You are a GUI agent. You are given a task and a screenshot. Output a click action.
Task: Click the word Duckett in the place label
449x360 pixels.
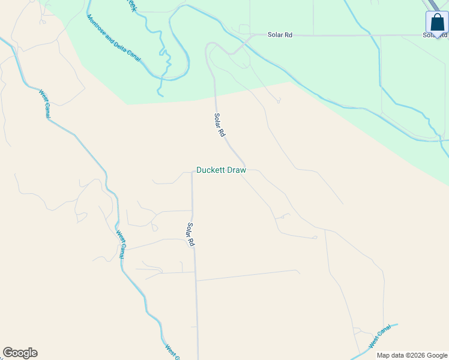click(x=210, y=170)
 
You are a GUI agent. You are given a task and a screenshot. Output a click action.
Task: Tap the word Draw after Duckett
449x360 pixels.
click(x=235, y=170)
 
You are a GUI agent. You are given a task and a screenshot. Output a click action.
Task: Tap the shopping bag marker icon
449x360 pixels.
click(x=436, y=22)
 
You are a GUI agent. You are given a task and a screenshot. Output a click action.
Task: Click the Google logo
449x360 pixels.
click(x=20, y=353)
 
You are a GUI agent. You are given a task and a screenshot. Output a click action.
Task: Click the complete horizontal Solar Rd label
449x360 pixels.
click(x=280, y=35)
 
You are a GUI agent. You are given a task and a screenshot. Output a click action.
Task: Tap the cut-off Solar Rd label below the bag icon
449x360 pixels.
click(x=435, y=35)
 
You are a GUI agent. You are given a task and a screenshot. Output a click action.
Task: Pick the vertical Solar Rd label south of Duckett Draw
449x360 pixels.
click(x=191, y=235)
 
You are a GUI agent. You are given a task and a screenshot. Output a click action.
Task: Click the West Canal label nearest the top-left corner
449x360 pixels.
click(x=44, y=104)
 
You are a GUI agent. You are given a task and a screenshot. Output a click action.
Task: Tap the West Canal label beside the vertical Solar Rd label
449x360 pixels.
click(x=121, y=244)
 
